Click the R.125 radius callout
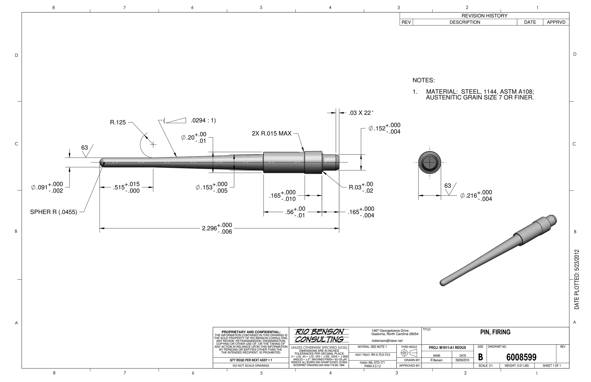pos(118,123)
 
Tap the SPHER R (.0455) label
pos(54,212)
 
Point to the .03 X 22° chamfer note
pos(361,113)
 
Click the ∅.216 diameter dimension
pos(476,196)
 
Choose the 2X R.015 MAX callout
pos(272,133)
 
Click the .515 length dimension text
pos(126,187)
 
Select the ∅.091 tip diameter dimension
pos(47,187)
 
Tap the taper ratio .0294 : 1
pos(203,121)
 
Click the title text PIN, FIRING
pos(495,332)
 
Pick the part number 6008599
pos(521,357)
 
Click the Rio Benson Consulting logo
pos(319,336)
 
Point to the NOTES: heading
pos(423,80)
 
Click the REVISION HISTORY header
pos(484,16)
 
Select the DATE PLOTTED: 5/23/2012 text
pos(577,279)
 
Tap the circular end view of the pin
pos(430,163)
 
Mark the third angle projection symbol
pos(409,353)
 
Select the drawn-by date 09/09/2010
pos(462,360)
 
